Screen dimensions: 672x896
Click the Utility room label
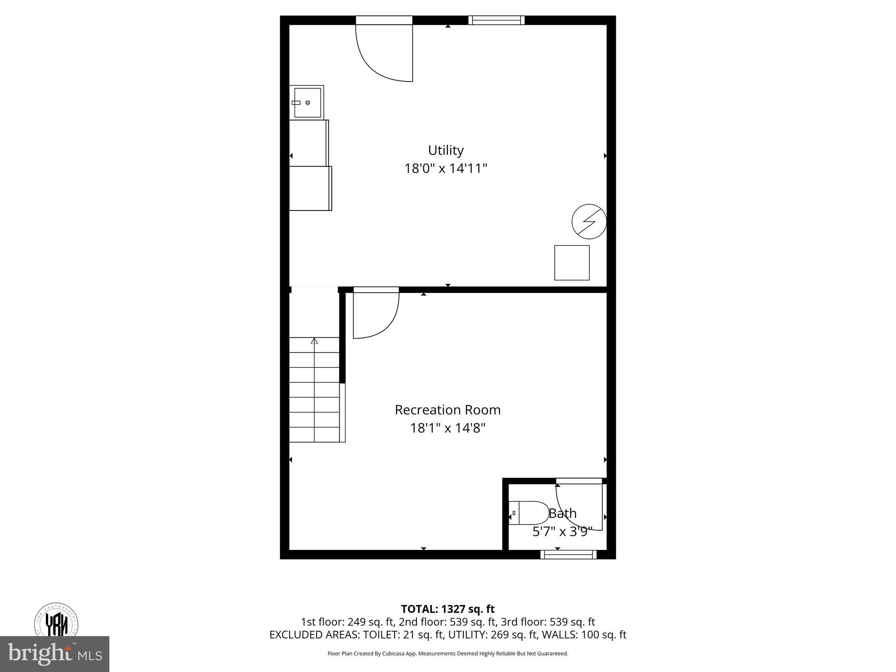click(445, 150)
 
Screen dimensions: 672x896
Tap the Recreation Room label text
click(448, 410)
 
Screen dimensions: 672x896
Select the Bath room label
click(563, 513)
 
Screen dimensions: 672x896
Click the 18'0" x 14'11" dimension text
click(445, 168)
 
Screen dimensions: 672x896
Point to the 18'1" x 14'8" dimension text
click(448, 428)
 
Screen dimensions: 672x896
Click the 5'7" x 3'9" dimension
click(562, 532)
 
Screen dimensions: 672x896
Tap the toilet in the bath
click(529, 513)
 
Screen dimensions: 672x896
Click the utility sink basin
click(308, 102)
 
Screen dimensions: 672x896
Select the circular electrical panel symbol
click(589, 221)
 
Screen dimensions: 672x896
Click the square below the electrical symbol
click(572, 262)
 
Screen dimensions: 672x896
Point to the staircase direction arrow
click(314, 341)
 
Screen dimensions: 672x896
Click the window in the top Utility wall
click(496, 20)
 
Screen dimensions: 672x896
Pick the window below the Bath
click(568, 555)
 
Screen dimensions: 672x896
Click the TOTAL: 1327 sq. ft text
click(448, 609)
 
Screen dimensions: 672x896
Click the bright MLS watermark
click(55, 654)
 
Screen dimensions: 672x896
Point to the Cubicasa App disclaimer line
click(448, 654)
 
